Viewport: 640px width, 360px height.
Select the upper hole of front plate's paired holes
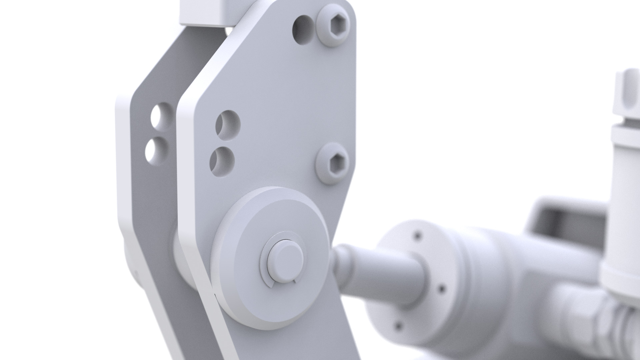pyautogui.click(x=228, y=125)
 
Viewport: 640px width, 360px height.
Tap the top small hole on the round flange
pyautogui.click(x=417, y=236)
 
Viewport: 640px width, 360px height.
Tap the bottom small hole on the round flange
pyautogui.click(x=398, y=325)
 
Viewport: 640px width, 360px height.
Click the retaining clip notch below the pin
pyautogui.click(x=272, y=284)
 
